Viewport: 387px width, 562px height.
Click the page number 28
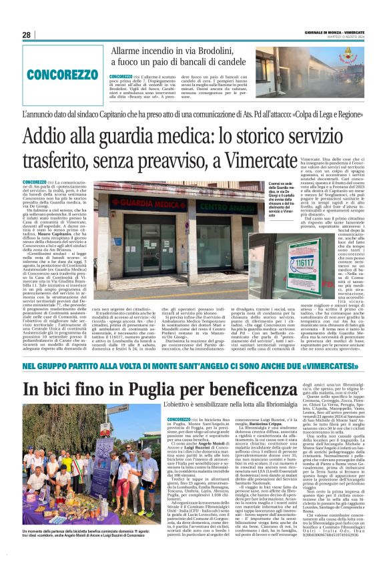[26, 35]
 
